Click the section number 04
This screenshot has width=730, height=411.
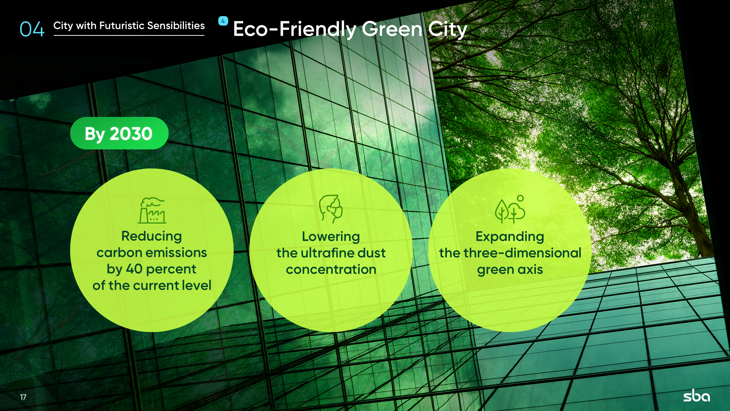[x=32, y=29]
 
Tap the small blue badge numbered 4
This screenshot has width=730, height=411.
[x=223, y=21]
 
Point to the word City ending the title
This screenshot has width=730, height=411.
[x=447, y=29]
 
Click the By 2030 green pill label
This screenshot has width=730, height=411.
[x=119, y=133]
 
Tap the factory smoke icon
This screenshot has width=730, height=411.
[x=152, y=210]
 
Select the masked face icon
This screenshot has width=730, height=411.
[x=331, y=209]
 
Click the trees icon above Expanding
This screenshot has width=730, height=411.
[x=510, y=209]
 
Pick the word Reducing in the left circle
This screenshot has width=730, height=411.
[x=151, y=236]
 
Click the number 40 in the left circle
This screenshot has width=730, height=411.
[x=134, y=269]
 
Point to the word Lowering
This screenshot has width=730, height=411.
[x=331, y=237]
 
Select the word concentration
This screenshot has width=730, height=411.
[x=331, y=270]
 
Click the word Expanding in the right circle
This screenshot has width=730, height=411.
[x=510, y=237]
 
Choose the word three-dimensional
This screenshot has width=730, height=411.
[x=523, y=253]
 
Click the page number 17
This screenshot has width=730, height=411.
[x=23, y=397]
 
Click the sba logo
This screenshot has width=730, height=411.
[x=696, y=396]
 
